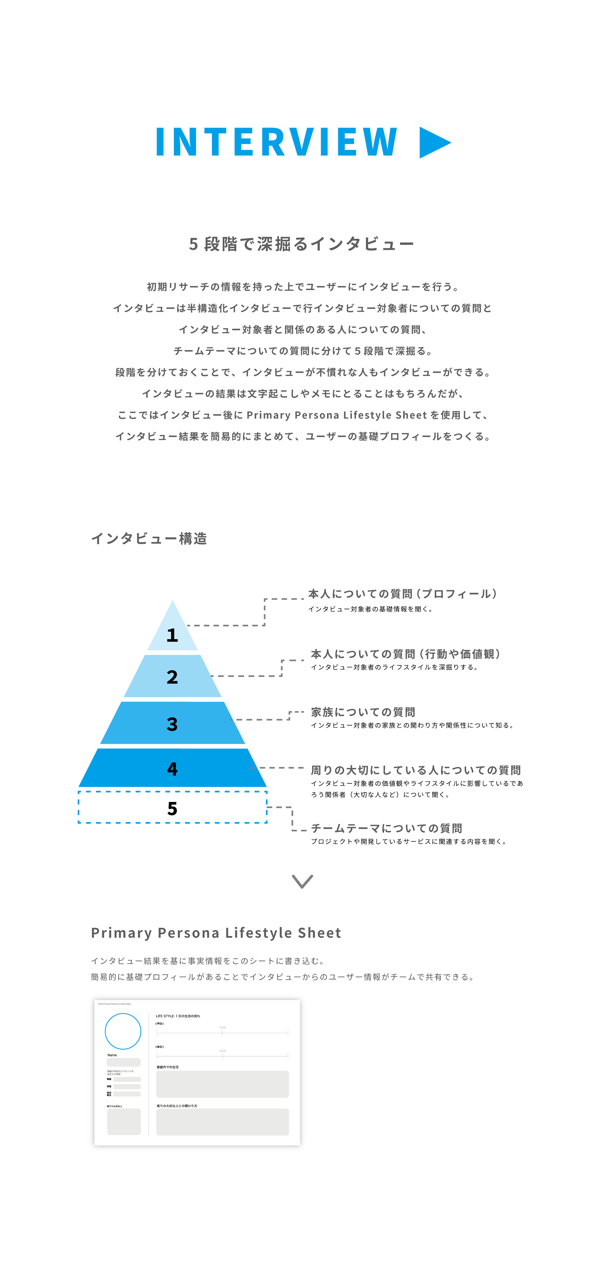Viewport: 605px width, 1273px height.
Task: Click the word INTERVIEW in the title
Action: coord(277,142)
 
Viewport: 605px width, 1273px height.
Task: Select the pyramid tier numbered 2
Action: coord(172,676)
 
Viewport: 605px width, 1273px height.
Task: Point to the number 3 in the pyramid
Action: coord(172,724)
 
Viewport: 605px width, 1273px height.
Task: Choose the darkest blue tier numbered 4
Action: coord(172,768)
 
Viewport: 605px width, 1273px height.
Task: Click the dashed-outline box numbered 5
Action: coord(172,808)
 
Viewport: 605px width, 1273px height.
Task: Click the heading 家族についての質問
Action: coord(363,712)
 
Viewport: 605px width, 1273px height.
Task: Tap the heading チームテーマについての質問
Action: coord(387,828)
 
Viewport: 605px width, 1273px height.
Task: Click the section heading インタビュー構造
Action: coord(149,539)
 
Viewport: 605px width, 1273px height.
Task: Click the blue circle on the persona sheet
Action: coord(123,1031)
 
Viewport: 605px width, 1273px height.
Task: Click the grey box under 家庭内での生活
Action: coord(222,1084)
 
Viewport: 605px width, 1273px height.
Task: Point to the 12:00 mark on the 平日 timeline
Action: coord(222,1032)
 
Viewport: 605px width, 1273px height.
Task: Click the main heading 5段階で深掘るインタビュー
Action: coord(302,244)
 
